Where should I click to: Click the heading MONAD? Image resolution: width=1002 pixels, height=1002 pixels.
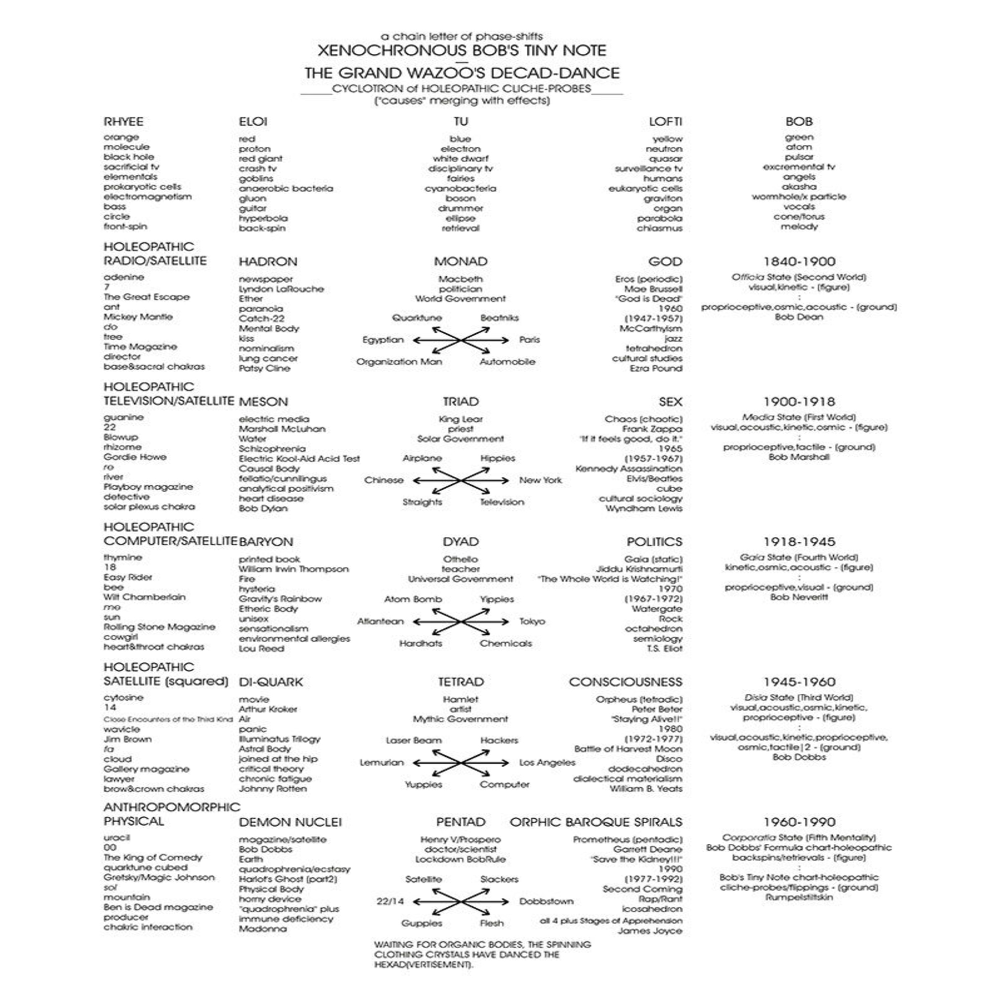click(461, 262)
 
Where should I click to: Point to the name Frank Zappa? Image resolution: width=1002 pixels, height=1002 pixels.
click(652, 429)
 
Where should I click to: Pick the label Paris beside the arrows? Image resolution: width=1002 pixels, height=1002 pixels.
click(529, 340)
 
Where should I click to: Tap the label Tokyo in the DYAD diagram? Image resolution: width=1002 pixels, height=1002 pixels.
click(532, 621)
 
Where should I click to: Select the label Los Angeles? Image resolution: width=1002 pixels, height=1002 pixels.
click(547, 763)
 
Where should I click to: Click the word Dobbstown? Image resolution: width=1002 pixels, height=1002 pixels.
click(546, 901)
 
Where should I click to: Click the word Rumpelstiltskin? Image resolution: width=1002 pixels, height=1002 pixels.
click(799, 897)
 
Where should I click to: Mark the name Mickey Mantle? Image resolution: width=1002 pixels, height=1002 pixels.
click(138, 317)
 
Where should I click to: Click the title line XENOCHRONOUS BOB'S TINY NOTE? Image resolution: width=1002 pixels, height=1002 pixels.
click(462, 51)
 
